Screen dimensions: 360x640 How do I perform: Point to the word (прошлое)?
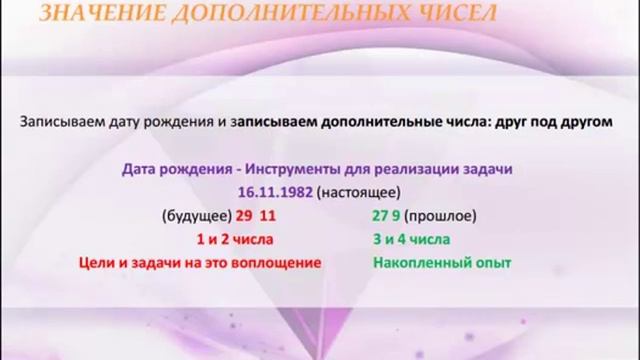[441, 216]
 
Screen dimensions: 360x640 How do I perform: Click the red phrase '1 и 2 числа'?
[236, 239]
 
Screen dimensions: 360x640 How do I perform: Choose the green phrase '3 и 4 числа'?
[411, 239]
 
